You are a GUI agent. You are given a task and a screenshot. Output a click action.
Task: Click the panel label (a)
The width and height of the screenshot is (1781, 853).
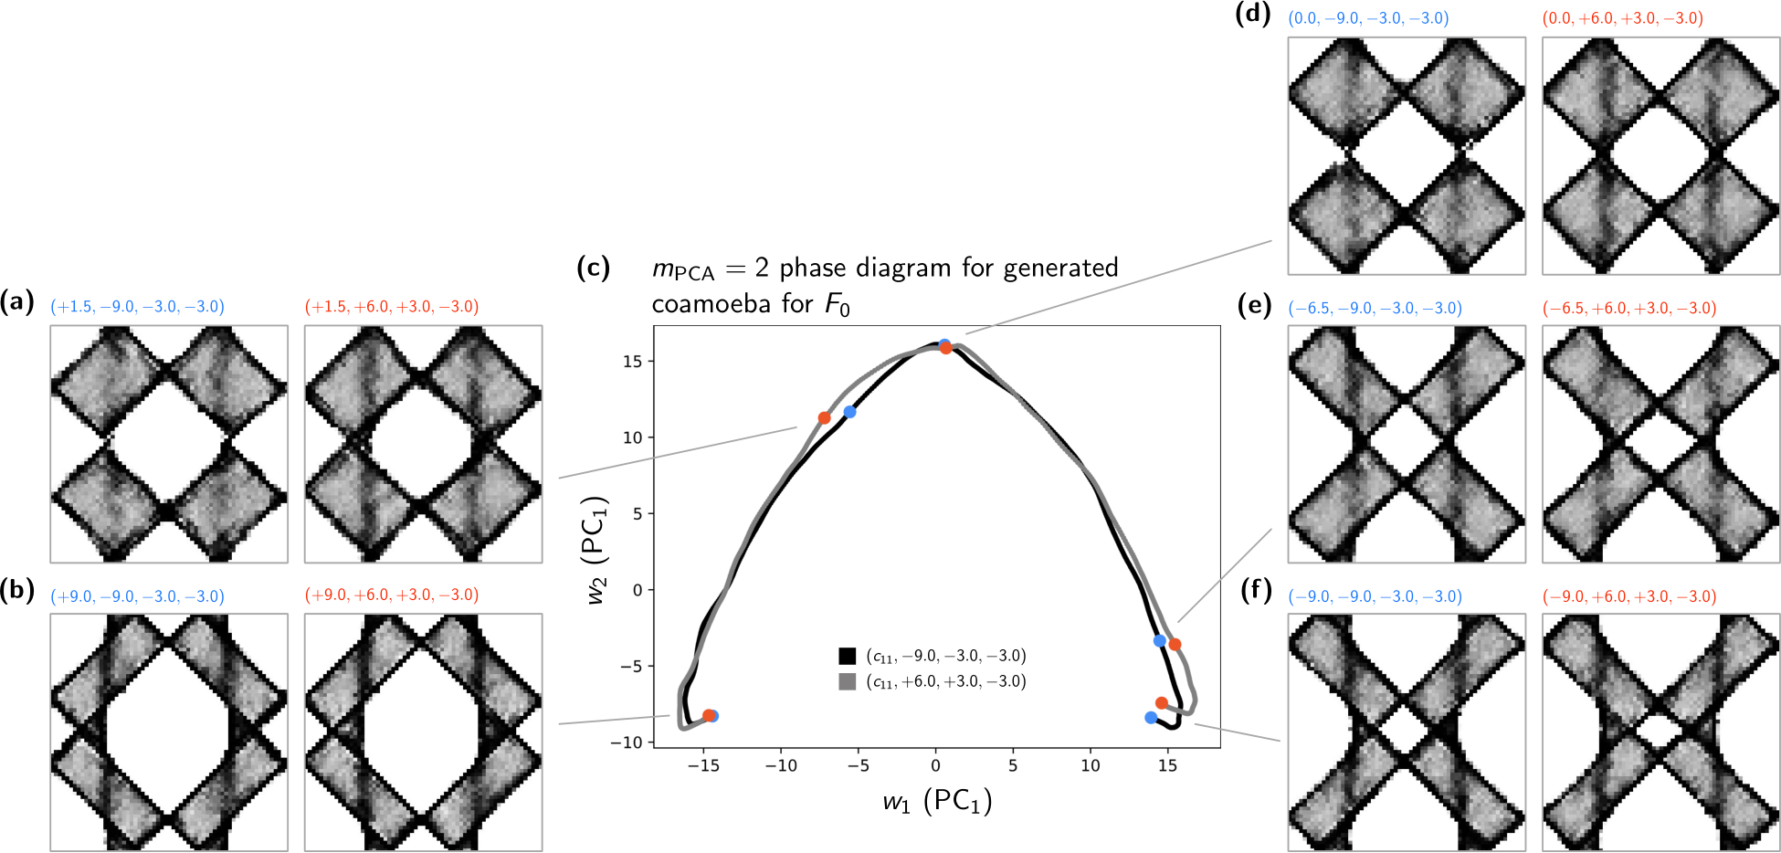[x=17, y=301]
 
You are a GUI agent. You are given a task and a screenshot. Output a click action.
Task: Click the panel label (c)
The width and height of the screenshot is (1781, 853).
[x=594, y=268]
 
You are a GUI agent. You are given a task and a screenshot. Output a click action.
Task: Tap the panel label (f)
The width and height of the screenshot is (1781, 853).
[x=1256, y=591]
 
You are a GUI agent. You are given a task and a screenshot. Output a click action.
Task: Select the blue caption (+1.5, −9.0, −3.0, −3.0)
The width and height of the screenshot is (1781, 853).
[x=137, y=307]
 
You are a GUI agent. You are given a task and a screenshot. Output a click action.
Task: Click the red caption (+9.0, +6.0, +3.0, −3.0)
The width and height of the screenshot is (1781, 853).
[x=392, y=595]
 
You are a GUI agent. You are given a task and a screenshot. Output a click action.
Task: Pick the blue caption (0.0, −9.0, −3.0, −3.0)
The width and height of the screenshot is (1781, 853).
[x=1368, y=18]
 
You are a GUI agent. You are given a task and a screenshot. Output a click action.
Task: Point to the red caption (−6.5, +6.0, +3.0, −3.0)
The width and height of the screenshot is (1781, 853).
[x=1629, y=309]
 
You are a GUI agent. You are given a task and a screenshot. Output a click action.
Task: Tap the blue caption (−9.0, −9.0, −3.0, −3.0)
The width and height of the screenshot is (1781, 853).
[x=1375, y=597]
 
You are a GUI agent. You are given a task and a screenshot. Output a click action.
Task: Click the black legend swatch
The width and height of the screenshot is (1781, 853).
[x=847, y=656]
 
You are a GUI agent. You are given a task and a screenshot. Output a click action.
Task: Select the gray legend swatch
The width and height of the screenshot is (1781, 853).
[x=847, y=681]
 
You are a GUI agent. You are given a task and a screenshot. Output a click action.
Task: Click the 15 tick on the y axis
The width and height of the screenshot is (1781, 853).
[x=633, y=362]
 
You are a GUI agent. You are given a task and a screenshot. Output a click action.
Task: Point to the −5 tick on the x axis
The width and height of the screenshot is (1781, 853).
[x=859, y=765]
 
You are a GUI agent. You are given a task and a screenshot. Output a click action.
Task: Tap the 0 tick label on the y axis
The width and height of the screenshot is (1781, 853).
[x=637, y=590]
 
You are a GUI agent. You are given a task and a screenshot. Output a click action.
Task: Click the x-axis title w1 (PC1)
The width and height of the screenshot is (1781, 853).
[x=937, y=802]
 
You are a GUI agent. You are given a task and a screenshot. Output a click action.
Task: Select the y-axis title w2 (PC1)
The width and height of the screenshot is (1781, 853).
[x=595, y=551]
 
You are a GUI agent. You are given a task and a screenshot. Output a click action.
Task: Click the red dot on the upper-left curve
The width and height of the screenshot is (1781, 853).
[x=824, y=418]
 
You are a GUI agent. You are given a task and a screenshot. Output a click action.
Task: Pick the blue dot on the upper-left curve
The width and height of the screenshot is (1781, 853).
[x=849, y=412]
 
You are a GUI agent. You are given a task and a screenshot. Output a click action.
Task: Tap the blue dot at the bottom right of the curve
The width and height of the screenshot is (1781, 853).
[x=1151, y=718]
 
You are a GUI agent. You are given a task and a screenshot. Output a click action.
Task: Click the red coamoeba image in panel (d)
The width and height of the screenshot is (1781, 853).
[x=1660, y=155]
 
